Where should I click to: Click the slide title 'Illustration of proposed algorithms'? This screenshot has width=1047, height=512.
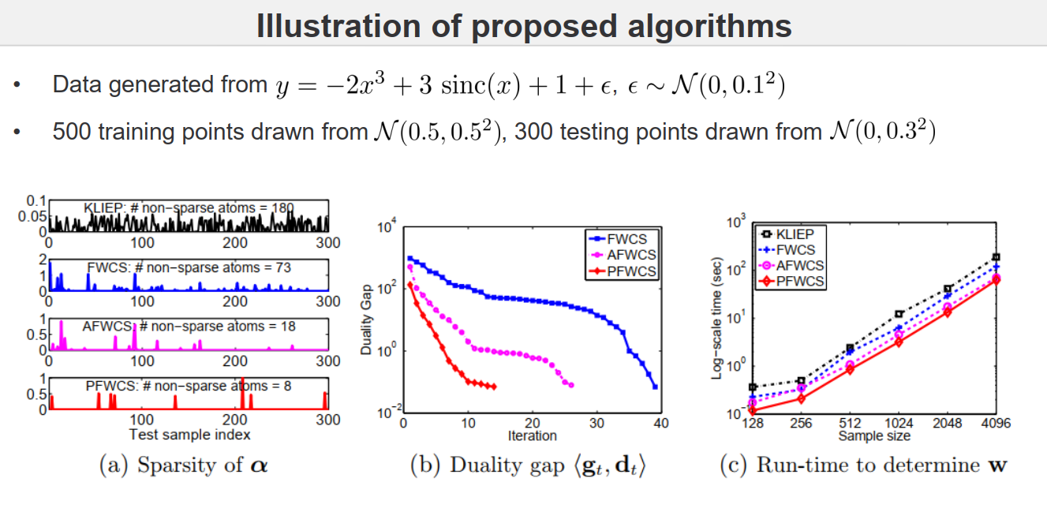click(x=523, y=26)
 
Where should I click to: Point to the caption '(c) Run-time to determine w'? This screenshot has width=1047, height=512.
click(x=864, y=465)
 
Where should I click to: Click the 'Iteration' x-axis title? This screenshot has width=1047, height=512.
click(x=532, y=435)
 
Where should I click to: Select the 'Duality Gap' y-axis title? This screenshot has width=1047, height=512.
click(x=367, y=320)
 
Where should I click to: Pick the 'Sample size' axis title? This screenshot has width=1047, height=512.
click(x=873, y=435)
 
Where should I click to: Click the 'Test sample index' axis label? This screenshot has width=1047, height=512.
click(x=189, y=435)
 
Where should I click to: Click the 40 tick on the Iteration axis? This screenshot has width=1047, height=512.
click(x=661, y=424)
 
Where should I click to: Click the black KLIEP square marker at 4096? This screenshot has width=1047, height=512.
click(x=997, y=257)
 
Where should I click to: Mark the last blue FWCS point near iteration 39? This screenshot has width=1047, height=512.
click(x=655, y=387)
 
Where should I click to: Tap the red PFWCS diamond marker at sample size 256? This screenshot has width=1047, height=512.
click(x=801, y=398)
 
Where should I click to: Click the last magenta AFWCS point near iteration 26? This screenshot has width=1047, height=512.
click(x=570, y=385)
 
